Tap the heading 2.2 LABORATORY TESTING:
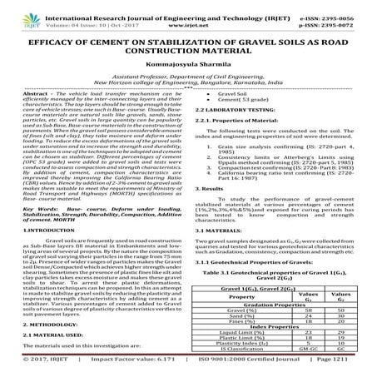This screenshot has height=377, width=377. tap(234, 111)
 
